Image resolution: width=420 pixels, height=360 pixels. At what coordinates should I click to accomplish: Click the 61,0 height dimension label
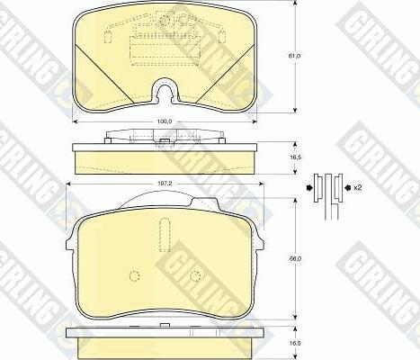click(293, 57)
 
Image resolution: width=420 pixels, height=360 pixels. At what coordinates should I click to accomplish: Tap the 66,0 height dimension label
click(293, 260)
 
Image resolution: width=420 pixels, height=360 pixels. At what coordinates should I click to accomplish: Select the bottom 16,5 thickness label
click(293, 343)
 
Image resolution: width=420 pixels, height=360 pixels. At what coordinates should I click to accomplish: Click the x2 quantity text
click(357, 187)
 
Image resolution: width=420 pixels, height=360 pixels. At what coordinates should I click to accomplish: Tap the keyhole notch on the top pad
click(163, 90)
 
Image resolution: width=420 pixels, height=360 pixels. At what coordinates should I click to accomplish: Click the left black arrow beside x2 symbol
click(310, 188)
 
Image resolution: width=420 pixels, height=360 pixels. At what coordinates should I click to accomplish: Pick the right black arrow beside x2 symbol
click(343, 188)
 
